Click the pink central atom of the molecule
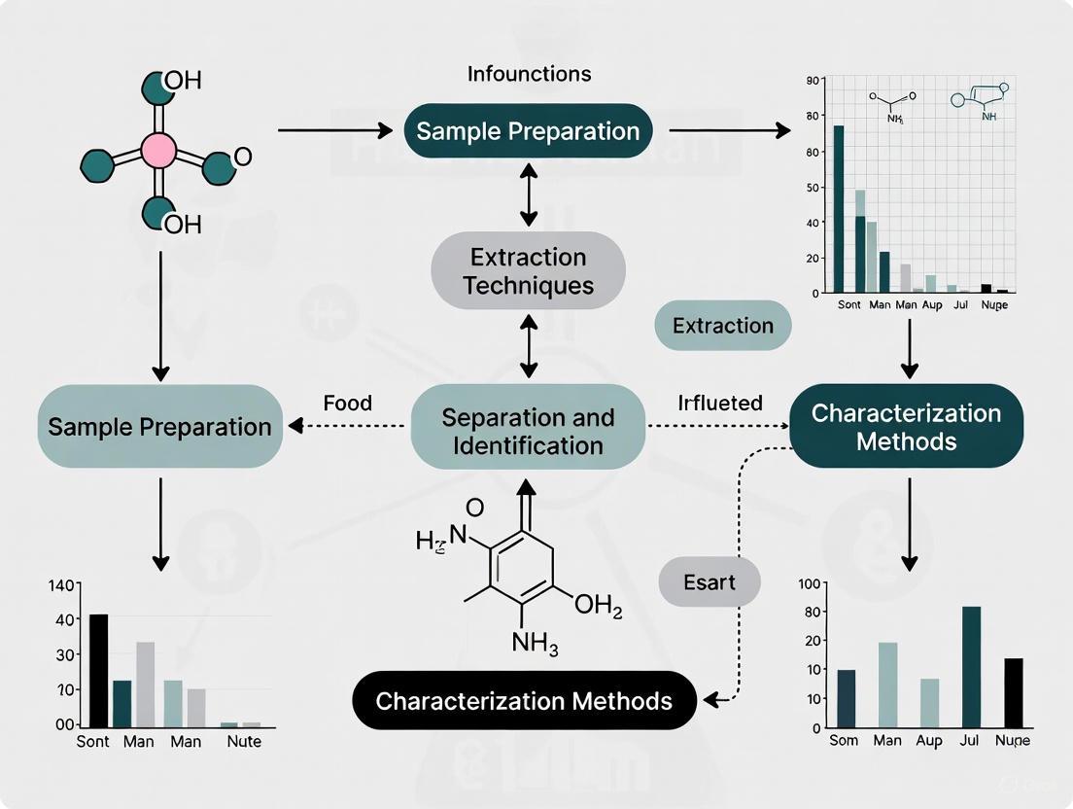[x=158, y=151]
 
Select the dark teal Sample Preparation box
[x=528, y=131]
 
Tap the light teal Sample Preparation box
[x=159, y=426]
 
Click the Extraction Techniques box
[x=528, y=271]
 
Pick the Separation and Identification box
[x=528, y=432]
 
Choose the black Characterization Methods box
[x=524, y=701]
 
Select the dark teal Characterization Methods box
[x=906, y=427]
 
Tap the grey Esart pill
[x=709, y=582]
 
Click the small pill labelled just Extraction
[x=723, y=326]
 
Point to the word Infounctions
[x=529, y=74]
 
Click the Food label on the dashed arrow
[x=348, y=403]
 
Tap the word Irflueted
[x=719, y=403]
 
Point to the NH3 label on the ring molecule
[x=535, y=643]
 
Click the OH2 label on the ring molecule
[x=597, y=606]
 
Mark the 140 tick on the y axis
[x=61, y=585]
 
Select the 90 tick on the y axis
[x=813, y=82]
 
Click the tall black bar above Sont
[x=98, y=670]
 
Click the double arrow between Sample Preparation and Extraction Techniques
[x=528, y=195]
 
